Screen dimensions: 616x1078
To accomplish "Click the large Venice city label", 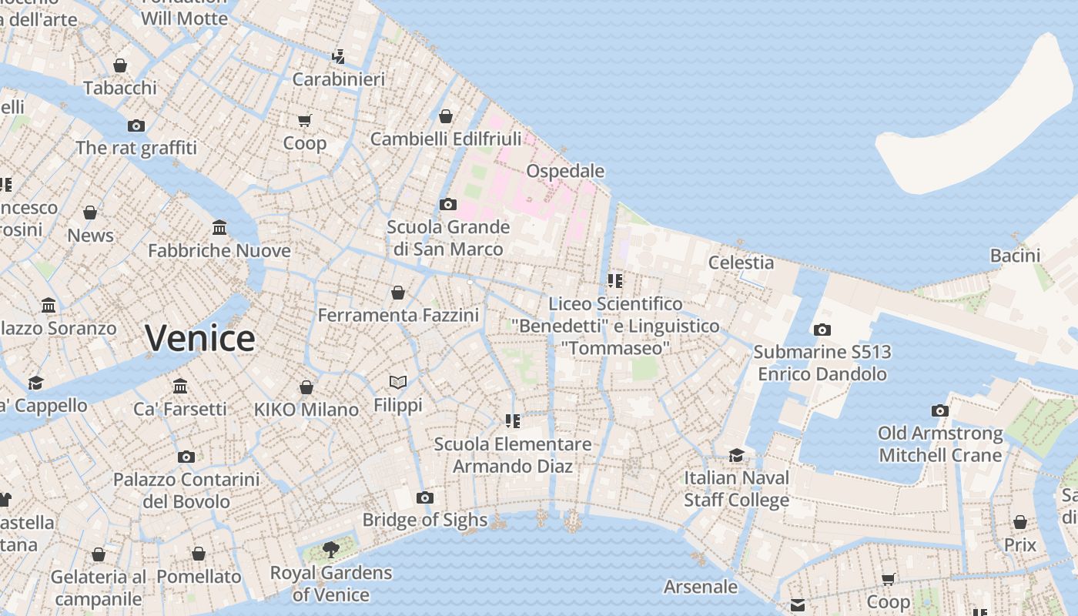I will coord(200,339).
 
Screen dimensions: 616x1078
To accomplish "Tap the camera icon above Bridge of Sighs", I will coord(425,497).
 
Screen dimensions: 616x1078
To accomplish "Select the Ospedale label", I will coord(565,171).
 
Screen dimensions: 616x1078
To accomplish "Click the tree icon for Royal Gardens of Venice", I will coord(330,550).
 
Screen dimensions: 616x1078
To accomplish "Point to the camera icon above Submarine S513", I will coord(822,330).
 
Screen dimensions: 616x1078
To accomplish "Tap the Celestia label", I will coord(741,263).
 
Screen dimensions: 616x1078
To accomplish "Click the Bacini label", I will coord(1015,256).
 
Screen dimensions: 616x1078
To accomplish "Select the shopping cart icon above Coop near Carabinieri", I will coord(305,120).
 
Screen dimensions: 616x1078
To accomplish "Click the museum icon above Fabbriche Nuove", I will coord(219,227).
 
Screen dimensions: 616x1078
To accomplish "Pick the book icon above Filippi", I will coord(398,382).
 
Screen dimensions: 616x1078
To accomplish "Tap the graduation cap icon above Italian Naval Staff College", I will coord(737,455).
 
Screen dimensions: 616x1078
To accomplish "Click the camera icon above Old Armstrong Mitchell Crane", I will coord(940,410).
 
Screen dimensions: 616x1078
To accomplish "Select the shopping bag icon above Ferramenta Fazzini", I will coord(398,293).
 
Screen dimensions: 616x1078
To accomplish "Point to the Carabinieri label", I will coord(339,79).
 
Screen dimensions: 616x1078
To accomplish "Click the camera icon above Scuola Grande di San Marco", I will coord(448,204).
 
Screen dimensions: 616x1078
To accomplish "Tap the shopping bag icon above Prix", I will coord(1020,522).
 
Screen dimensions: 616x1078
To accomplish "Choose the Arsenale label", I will coord(701,587).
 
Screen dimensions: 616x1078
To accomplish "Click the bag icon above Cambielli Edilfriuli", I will coord(446,116).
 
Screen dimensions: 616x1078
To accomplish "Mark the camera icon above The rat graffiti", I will coord(136,126).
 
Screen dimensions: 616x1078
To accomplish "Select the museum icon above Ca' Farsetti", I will coord(180,386).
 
